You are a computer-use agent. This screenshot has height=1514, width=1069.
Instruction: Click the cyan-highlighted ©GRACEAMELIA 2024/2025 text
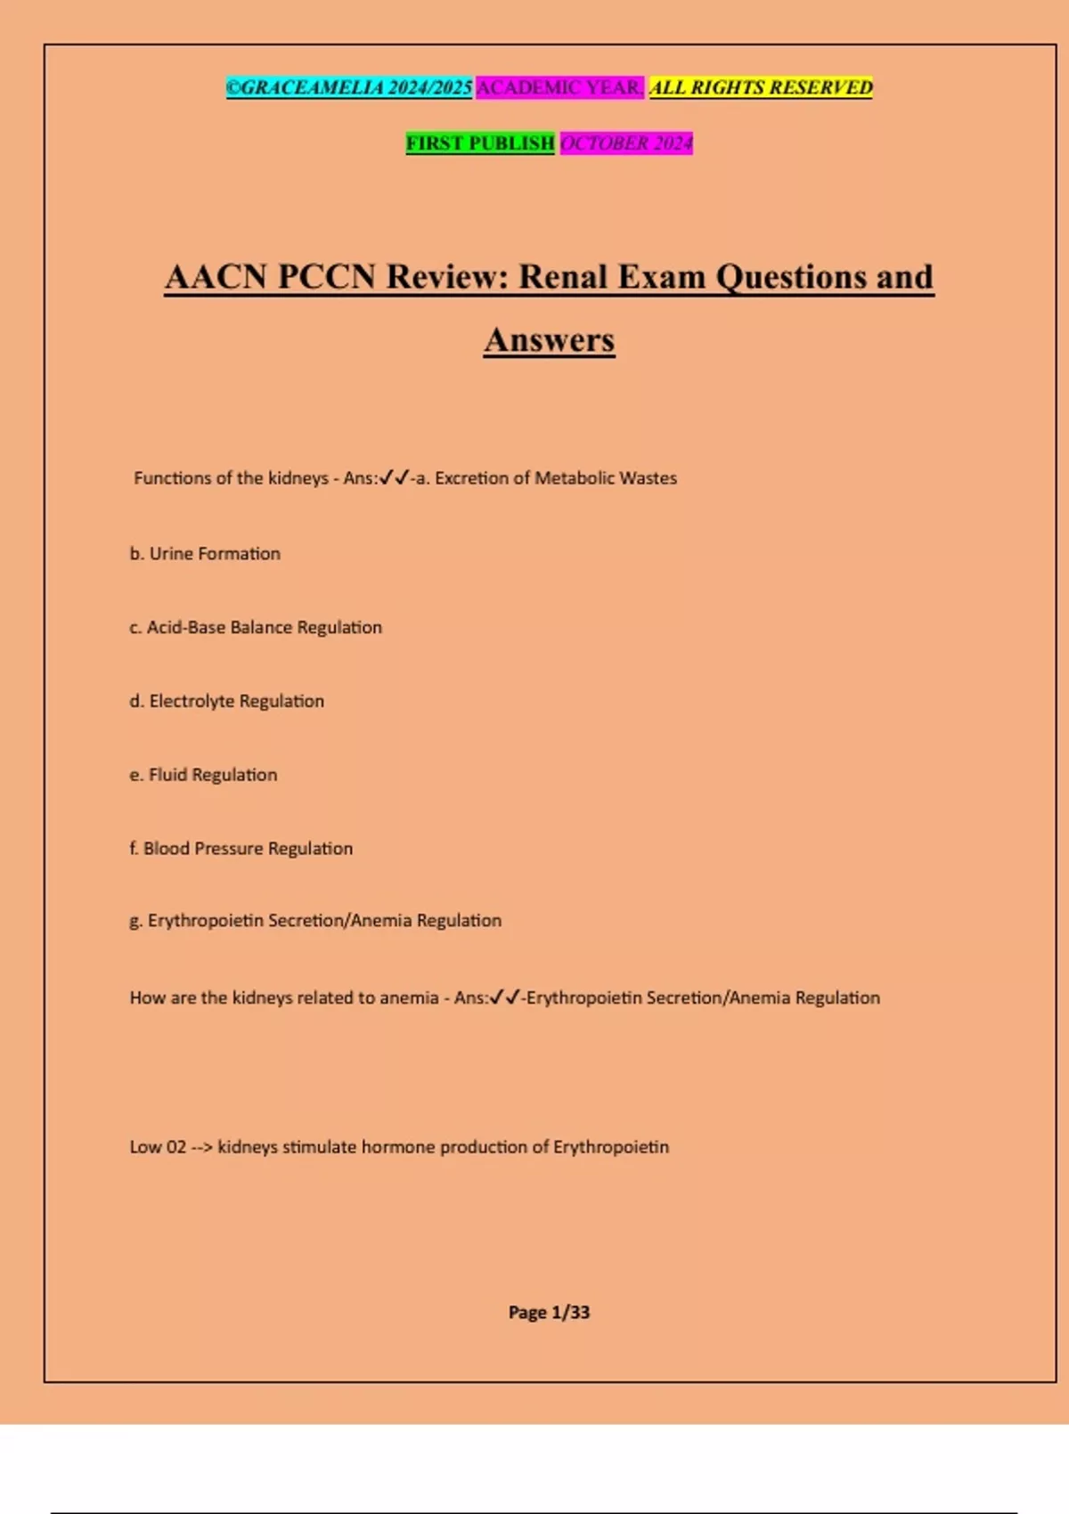click(348, 87)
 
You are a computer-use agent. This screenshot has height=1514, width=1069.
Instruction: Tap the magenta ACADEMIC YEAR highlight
click(559, 87)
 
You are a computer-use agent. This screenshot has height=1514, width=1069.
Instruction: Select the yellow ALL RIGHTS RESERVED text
click(761, 87)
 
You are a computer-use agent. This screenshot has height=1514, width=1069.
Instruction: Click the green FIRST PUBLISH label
click(480, 142)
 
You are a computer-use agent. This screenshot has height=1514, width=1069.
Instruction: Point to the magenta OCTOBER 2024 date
click(626, 142)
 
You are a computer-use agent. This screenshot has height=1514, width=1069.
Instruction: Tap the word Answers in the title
click(549, 340)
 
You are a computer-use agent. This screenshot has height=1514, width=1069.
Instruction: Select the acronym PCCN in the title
click(326, 277)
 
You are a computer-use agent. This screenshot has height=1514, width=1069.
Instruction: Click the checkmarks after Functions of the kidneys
click(394, 478)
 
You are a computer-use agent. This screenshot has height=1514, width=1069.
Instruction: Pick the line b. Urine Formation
click(205, 554)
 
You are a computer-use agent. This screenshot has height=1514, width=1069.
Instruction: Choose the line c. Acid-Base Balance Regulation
click(256, 628)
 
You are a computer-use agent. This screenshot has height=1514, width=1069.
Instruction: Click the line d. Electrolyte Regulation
click(226, 702)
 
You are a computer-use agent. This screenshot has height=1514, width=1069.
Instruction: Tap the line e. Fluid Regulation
click(203, 775)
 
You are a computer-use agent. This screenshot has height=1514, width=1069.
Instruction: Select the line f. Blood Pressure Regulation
click(241, 849)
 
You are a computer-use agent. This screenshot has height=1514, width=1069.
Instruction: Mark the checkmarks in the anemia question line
click(505, 997)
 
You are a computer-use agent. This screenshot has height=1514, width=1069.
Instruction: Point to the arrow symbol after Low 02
click(202, 1147)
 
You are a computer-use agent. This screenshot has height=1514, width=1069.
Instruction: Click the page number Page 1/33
click(549, 1312)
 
